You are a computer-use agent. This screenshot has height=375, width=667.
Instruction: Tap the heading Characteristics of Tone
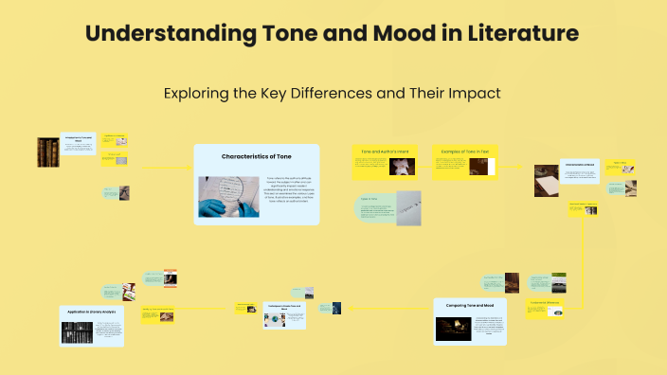coord(257,155)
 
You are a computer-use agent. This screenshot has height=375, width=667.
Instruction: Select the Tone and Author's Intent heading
coord(385,152)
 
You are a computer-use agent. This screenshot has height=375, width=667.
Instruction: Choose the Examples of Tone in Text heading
coord(464,152)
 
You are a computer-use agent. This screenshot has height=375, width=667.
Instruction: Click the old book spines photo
coord(47,152)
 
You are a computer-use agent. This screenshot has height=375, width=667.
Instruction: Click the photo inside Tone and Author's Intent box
coord(403,168)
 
